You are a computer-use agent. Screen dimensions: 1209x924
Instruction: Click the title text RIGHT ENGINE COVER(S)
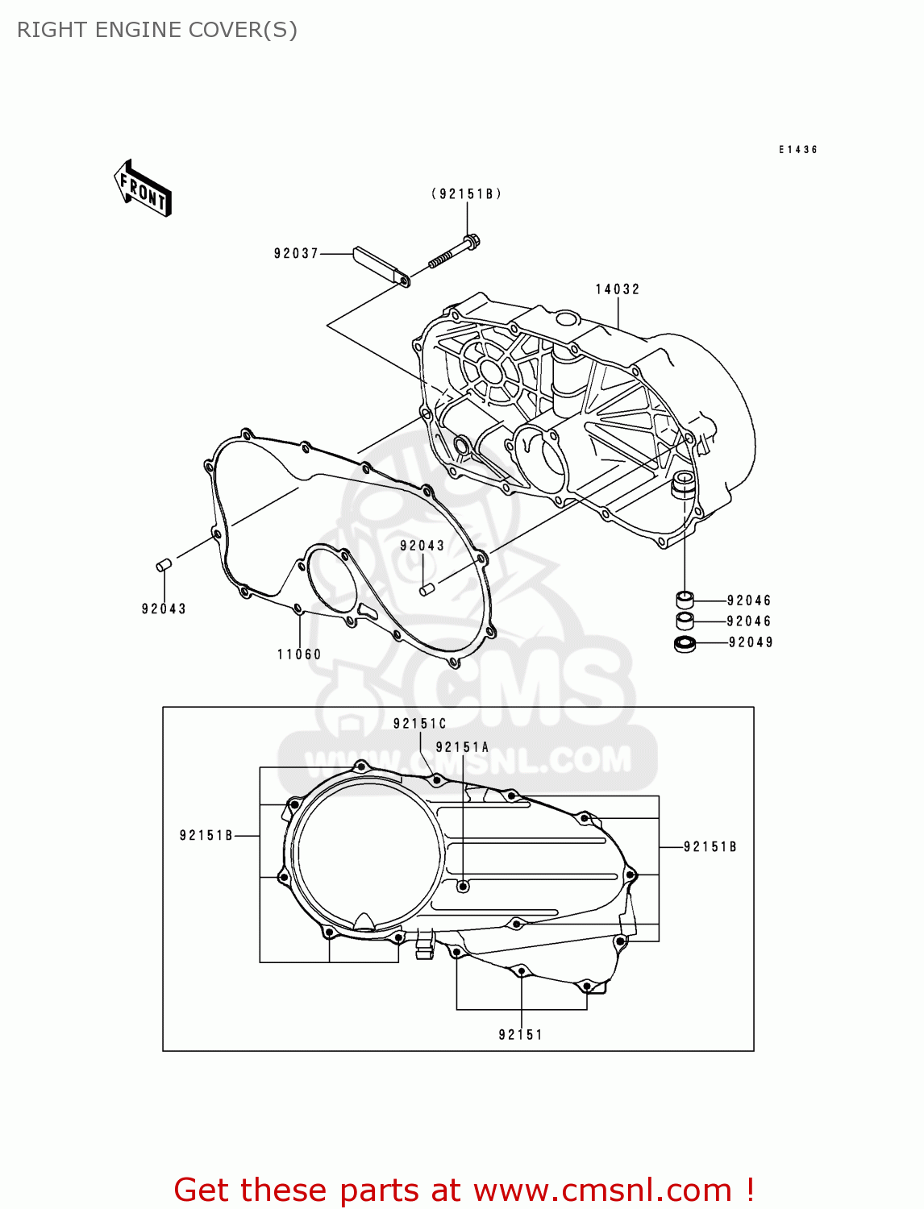pyautogui.click(x=157, y=30)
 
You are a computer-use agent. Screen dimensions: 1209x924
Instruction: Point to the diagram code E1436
pyautogui.click(x=798, y=150)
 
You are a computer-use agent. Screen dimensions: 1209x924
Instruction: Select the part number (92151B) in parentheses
pyautogui.click(x=467, y=193)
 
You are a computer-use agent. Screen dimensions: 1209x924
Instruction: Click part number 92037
pyautogui.click(x=297, y=253)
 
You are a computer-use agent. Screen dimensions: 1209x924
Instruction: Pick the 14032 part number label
pyautogui.click(x=618, y=289)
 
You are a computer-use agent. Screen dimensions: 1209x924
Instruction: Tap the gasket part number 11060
pyautogui.click(x=299, y=654)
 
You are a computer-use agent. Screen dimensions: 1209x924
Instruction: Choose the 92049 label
pyautogui.click(x=751, y=642)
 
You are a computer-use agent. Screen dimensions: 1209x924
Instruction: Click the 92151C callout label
pyautogui.click(x=419, y=724)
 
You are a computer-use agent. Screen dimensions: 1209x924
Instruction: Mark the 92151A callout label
pyautogui.click(x=462, y=747)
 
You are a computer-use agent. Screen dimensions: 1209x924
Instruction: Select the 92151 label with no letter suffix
pyautogui.click(x=521, y=1035)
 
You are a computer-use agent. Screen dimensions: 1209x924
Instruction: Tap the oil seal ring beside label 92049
pyautogui.click(x=685, y=643)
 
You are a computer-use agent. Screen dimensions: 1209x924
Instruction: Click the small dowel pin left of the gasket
pyautogui.click(x=164, y=565)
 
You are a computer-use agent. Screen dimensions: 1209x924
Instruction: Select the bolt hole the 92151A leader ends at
pyautogui.click(x=463, y=887)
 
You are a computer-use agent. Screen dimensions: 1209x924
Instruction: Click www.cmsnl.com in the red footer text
pyautogui.click(x=602, y=1190)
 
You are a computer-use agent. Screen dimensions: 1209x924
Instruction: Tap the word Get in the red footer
pyautogui.click(x=203, y=1190)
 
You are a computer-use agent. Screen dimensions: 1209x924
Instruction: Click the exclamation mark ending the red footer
pyautogui.click(x=749, y=1190)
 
